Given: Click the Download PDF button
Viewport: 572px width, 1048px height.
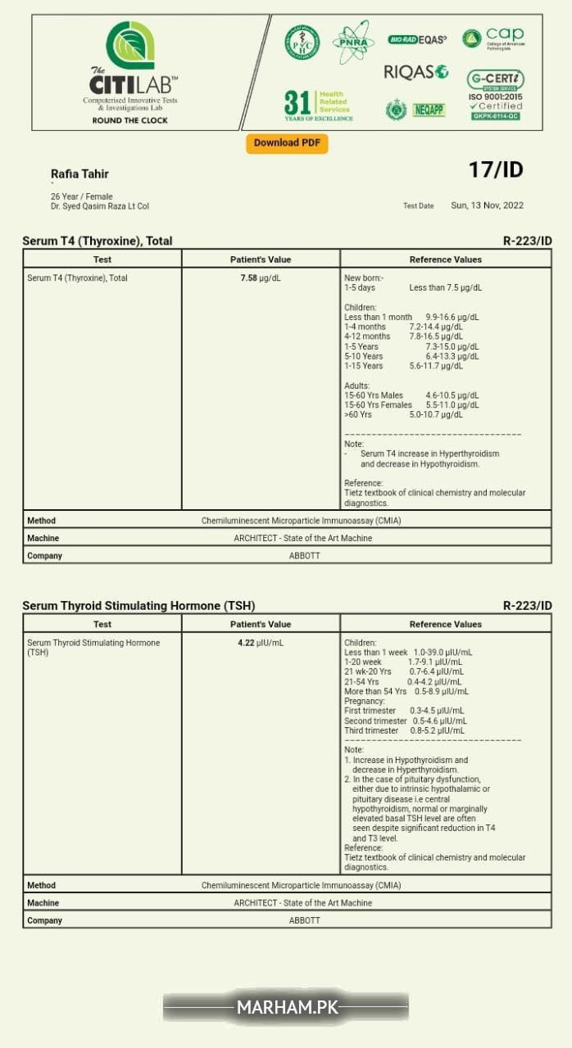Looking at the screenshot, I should pos(287,143).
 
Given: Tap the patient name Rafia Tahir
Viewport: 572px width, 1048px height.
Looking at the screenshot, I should pos(79,174).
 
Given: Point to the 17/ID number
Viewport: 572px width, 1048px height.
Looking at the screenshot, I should pos(495,170).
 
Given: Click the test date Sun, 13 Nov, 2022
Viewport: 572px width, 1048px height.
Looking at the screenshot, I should pos(487,206).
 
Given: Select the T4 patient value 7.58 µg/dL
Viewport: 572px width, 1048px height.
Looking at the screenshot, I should pos(260,278).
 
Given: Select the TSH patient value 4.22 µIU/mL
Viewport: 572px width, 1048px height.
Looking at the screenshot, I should pos(260,644).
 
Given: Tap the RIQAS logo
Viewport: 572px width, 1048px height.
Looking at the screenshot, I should pos(415,72).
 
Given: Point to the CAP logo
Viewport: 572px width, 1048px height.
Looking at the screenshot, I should pos(493,38).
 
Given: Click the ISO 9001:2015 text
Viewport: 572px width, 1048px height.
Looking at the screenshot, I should pos(495,97).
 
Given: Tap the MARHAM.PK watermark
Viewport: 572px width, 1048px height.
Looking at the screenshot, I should pos(285,1007).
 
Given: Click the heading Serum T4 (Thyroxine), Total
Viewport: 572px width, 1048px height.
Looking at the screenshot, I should pos(97,241).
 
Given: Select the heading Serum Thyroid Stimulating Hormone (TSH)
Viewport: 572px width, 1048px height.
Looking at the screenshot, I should pos(138,606).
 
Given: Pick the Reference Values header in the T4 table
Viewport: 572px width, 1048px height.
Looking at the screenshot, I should pos(445,260).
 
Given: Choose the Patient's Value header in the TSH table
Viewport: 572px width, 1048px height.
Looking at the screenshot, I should pos(260,625).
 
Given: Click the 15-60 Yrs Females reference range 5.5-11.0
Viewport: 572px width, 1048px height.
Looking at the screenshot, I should pos(452,405).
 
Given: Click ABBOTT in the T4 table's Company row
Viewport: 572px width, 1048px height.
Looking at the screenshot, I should pos(304,556).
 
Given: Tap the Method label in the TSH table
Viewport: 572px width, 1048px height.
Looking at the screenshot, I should pos(42,885).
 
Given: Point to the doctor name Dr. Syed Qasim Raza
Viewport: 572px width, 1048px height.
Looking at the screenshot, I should pos(100,206).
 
